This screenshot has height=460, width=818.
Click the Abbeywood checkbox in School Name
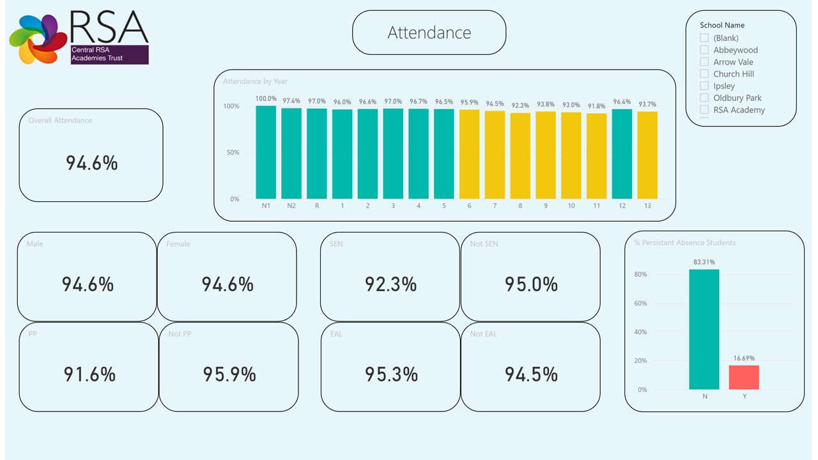point(704,50)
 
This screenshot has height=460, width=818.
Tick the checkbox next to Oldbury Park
point(704,98)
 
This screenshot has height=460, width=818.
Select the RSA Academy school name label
point(739,110)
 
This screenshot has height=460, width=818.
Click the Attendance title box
point(429,33)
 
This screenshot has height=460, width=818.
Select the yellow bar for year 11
point(596,156)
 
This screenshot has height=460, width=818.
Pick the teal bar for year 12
point(622,154)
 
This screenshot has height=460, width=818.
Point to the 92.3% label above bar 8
point(520,105)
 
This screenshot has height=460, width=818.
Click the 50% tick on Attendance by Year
point(231,153)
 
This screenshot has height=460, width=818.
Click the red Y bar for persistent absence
point(744,377)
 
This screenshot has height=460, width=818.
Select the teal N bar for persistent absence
point(704,329)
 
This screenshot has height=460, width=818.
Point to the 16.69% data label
point(744,358)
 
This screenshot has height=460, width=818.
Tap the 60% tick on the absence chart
point(640,303)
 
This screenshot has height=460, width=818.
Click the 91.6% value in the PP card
point(89,374)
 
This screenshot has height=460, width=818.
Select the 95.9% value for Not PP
point(229,374)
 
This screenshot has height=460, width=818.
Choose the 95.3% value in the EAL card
point(391,374)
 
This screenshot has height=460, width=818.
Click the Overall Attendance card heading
point(60,120)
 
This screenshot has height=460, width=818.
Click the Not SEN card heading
point(484,243)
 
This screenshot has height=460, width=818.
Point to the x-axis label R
point(317,206)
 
